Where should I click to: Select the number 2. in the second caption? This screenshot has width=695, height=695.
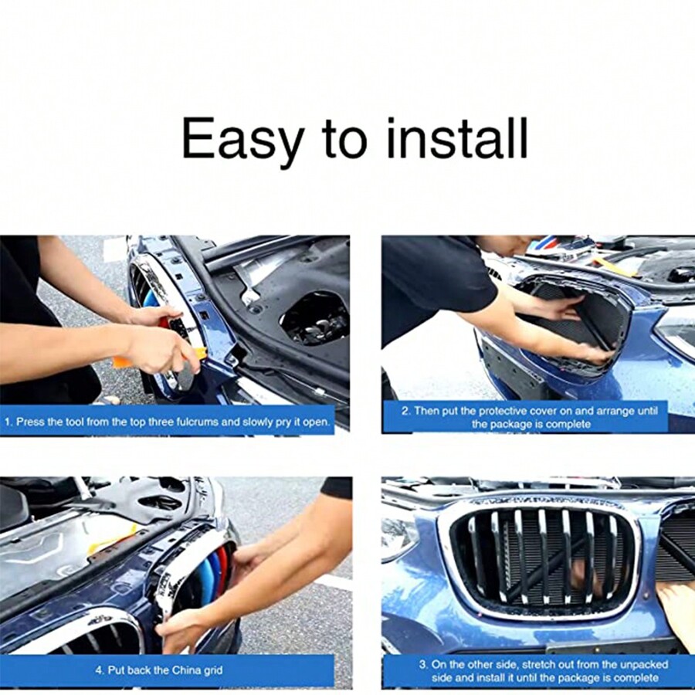click(405, 411)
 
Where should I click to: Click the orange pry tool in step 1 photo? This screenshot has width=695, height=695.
click(124, 361)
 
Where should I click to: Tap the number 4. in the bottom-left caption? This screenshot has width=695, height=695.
click(100, 670)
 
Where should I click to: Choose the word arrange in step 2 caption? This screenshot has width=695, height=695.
click(615, 411)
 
